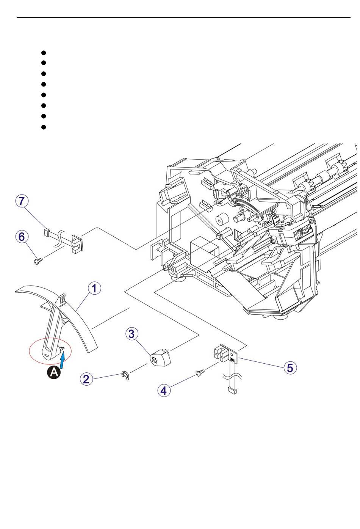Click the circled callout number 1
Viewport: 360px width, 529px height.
[94, 288]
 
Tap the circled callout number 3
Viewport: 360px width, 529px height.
[131, 334]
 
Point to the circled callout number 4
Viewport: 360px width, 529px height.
[164, 390]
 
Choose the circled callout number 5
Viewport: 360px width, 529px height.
[290, 367]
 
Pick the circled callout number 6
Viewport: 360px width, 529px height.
[22, 237]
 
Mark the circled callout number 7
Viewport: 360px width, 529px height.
[22, 201]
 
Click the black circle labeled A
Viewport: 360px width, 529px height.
[54, 373]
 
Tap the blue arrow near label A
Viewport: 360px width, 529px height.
[63, 359]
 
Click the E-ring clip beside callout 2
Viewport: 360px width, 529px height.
[125, 376]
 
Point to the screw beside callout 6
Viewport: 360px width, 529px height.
[38, 261]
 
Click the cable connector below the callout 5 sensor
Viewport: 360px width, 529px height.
[232, 390]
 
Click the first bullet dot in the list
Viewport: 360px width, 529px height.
[44, 53]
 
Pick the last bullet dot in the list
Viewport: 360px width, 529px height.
[44, 127]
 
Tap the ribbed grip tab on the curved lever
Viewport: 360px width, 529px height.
[62, 300]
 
